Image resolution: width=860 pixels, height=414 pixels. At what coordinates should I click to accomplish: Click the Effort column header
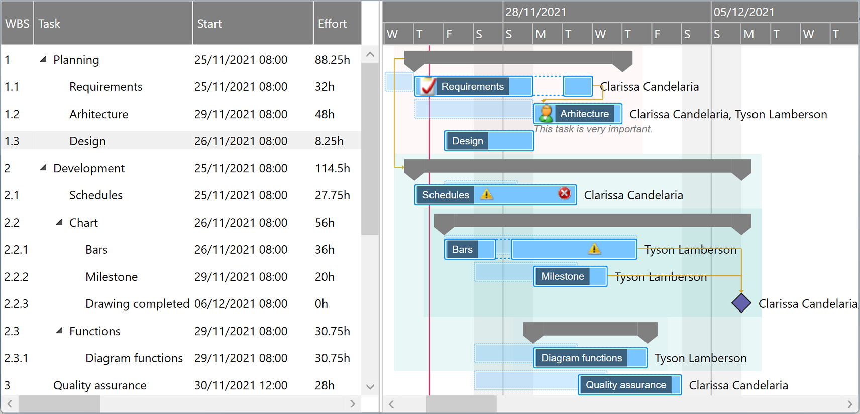(x=332, y=24)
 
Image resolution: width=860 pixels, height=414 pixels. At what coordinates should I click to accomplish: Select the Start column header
(x=209, y=24)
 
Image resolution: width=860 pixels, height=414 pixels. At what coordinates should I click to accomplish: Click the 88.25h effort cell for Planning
(x=332, y=60)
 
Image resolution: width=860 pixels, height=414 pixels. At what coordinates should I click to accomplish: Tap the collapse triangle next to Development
(x=44, y=168)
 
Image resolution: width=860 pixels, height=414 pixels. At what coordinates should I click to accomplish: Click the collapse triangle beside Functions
(x=60, y=331)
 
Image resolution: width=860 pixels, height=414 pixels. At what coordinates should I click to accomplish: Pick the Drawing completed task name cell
(x=137, y=304)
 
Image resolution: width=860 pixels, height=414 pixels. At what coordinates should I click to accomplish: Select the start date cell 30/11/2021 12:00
(x=241, y=385)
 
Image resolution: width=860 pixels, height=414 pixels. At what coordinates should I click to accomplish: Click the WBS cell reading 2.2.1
(x=17, y=250)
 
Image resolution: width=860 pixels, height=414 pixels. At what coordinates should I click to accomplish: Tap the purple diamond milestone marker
(x=741, y=303)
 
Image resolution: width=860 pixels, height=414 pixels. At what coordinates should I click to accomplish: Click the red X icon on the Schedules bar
(x=564, y=193)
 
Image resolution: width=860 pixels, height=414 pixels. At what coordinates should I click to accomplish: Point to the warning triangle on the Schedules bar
(x=486, y=194)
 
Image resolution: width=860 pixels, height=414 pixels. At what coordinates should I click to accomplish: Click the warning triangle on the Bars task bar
(x=594, y=248)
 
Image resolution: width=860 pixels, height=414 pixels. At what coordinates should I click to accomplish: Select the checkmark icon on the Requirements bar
(x=427, y=86)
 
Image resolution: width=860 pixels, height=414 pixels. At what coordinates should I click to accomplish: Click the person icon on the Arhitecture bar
(x=545, y=114)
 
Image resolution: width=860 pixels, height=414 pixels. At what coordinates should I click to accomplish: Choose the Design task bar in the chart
(x=488, y=141)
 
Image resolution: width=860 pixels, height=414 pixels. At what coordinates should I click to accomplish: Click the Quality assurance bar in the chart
(x=629, y=385)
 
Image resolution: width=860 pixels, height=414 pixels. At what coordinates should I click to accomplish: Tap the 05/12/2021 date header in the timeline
(x=744, y=12)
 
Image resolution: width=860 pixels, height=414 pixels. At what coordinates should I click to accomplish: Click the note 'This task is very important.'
(x=593, y=129)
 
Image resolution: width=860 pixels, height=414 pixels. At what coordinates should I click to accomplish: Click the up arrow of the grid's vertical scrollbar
(x=370, y=54)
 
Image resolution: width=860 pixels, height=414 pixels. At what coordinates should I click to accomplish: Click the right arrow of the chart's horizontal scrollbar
(x=849, y=404)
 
